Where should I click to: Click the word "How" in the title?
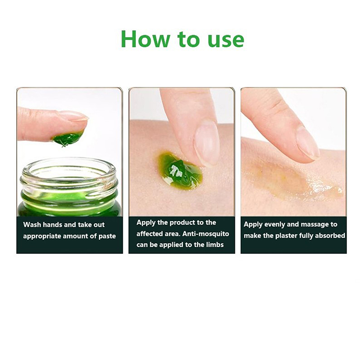coord(145,39)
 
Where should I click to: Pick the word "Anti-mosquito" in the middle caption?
coord(206,234)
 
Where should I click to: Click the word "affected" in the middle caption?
coord(150,234)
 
